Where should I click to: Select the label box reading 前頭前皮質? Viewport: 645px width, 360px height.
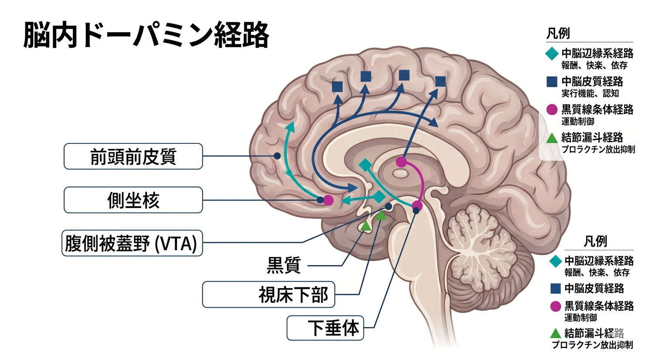click(x=133, y=156)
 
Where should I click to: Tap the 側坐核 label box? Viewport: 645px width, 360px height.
click(x=133, y=200)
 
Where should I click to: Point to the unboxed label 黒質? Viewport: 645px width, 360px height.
click(x=284, y=265)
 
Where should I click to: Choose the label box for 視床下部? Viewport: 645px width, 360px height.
click(x=268, y=295)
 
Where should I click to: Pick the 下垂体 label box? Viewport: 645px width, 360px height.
click(x=325, y=328)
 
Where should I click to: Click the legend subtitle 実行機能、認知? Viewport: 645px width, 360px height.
click(x=590, y=93)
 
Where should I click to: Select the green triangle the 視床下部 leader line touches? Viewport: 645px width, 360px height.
click(x=381, y=215)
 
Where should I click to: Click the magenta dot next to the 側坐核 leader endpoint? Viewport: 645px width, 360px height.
click(x=329, y=200)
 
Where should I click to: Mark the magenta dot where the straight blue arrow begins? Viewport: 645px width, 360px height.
click(x=401, y=162)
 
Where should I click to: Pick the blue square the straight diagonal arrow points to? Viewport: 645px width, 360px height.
click(x=440, y=82)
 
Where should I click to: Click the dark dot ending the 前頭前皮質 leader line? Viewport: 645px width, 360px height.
click(x=277, y=156)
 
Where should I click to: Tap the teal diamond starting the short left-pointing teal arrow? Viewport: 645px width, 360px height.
click(x=378, y=197)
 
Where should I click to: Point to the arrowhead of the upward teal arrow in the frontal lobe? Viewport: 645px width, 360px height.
click(x=290, y=126)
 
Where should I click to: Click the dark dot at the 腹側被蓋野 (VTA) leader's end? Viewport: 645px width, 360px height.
click(x=388, y=206)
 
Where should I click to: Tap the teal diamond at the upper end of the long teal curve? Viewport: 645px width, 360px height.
click(x=365, y=165)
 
